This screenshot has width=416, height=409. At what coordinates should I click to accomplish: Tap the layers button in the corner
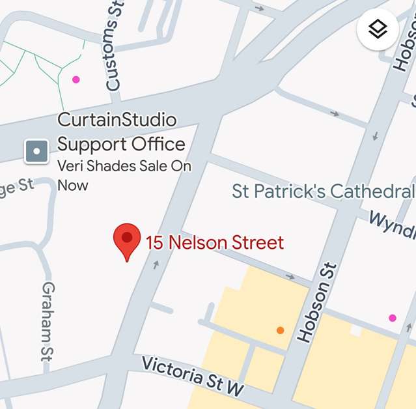tap(378, 29)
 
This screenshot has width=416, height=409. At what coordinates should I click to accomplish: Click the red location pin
tap(127, 240)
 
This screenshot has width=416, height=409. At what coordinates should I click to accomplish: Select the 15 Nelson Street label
tap(215, 243)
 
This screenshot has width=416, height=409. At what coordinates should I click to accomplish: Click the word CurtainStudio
tap(117, 120)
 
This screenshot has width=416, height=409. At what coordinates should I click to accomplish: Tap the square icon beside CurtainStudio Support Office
tap(36, 152)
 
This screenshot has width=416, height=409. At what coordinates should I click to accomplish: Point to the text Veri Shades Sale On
tap(124, 166)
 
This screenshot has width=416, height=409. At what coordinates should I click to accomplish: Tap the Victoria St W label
tap(193, 376)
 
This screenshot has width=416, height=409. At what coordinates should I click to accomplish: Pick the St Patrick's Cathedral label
tap(323, 191)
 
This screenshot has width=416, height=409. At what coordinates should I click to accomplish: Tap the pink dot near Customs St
tap(76, 79)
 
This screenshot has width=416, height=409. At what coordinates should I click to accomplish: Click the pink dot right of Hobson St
tap(392, 318)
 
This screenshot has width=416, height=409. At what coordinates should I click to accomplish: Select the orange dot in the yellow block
tap(280, 330)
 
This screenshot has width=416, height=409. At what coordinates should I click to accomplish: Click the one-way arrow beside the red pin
tap(155, 264)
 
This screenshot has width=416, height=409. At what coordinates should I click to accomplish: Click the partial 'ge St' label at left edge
tap(16, 186)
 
